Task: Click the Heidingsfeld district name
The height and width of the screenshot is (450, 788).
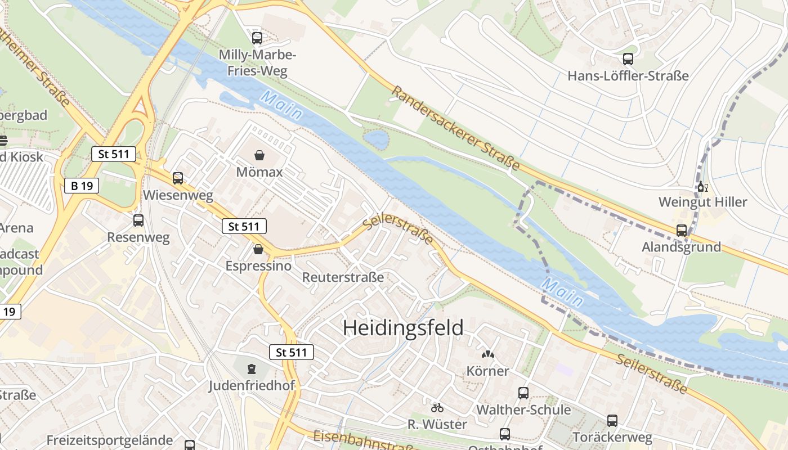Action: [x=403, y=328]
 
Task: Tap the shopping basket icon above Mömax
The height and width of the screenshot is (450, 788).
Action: [x=259, y=155]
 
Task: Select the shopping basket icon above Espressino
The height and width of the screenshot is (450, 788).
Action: [x=258, y=249]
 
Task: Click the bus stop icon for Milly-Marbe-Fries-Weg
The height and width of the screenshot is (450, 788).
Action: [x=257, y=38]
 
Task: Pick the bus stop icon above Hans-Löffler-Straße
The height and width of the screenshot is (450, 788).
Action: [x=628, y=59]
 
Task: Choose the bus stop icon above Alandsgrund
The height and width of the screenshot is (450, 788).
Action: [x=681, y=231]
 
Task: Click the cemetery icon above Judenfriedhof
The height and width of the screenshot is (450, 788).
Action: [x=251, y=370]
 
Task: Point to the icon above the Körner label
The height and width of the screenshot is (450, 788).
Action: [x=487, y=355]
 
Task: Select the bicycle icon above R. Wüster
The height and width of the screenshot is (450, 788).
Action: [x=437, y=408]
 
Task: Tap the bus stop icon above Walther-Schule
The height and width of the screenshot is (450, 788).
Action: [x=523, y=393]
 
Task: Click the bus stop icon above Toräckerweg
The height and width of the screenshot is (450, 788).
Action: [x=612, y=421]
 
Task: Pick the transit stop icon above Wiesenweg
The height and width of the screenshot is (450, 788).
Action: [x=178, y=179]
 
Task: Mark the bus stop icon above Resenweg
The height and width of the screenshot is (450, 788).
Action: [x=138, y=221]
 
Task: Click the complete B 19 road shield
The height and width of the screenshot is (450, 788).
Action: [x=82, y=186]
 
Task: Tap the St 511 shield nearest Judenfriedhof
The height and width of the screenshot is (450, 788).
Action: [x=291, y=353]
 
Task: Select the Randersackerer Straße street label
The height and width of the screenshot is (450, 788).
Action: [x=455, y=128]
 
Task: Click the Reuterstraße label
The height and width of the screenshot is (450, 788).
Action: [x=343, y=277]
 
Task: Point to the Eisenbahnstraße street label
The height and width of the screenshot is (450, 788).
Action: [x=366, y=440]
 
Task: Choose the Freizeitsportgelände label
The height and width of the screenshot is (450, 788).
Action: [x=110, y=440]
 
